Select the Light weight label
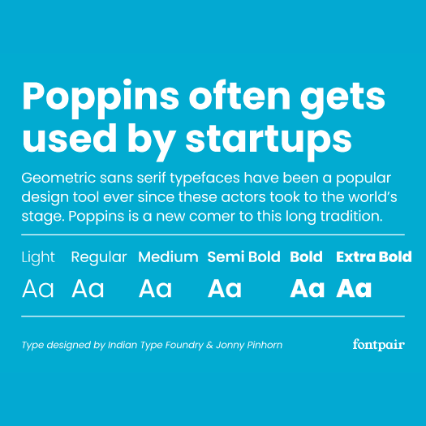click(38, 257)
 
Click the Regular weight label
click(99, 257)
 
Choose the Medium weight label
click(168, 256)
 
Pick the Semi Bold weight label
click(243, 256)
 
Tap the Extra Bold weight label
click(374, 256)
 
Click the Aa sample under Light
click(38, 289)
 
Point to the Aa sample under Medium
click(155, 289)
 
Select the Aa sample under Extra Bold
click(354, 289)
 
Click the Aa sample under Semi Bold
click(225, 289)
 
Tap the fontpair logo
click(379, 345)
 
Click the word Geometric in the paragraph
click(58, 178)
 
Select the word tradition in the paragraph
click(351, 217)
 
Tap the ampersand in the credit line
click(209, 345)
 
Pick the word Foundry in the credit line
click(184, 346)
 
